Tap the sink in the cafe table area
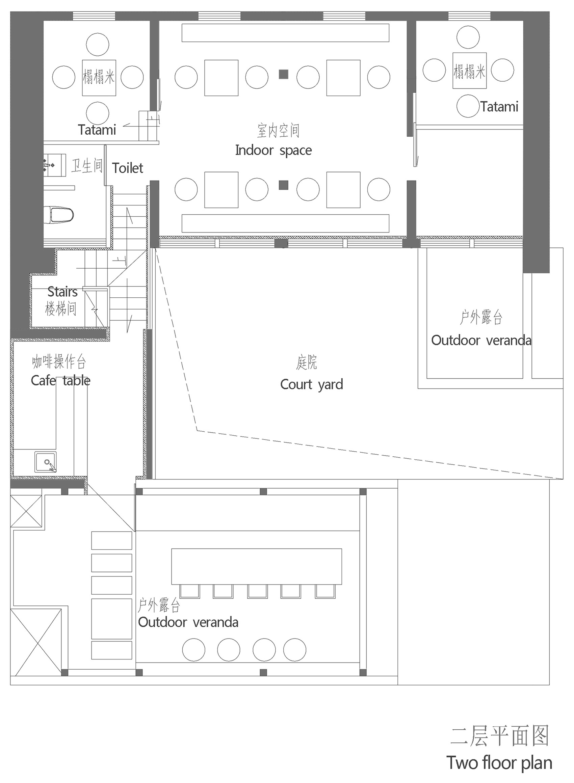click(46, 462)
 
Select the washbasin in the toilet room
click(55, 165)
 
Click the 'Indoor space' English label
click(273, 150)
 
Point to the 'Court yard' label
click(311, 385)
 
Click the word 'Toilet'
click(128, 168)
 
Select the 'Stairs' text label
click(62, 292)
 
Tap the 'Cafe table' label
click(60, 381)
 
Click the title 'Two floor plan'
click(499, 762)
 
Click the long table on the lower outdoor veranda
click(256, 566)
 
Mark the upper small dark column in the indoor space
click(284, 74)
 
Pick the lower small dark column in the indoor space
click(284, 185)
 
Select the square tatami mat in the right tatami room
click(469, 71)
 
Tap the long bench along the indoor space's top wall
click(285, 33)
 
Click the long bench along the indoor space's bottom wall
click(285, 223)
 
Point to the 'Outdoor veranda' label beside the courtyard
click(481, 340)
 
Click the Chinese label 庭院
click(306, 362)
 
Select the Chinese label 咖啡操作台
click(59, 362)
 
